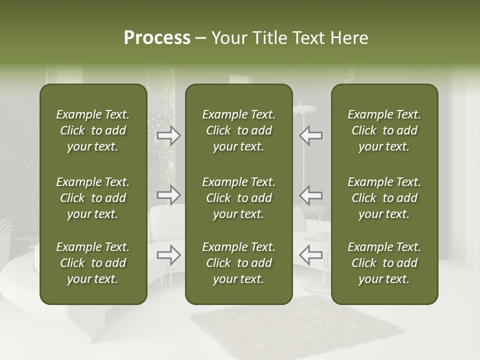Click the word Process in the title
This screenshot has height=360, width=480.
(157, 38)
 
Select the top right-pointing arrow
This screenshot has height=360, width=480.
(169, 135)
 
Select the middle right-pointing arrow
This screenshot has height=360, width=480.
(169, 195)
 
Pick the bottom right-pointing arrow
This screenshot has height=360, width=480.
(169, 255)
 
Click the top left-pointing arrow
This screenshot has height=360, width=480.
(310, 135)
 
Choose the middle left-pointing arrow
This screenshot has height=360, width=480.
(310, 195)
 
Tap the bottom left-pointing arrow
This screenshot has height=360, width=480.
(310, 255)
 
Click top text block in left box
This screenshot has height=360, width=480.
(93, 130)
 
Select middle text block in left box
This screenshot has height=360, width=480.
(93, 198)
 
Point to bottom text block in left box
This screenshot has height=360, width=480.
(93, 263)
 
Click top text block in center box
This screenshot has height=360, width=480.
(238, 130)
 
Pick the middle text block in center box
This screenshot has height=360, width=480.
(238, 198)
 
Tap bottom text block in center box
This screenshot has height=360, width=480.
(238, 263)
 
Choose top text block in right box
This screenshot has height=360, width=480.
(384, 130)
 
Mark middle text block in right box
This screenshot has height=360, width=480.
(384, 198)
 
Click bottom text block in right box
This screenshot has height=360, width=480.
(384, 263)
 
